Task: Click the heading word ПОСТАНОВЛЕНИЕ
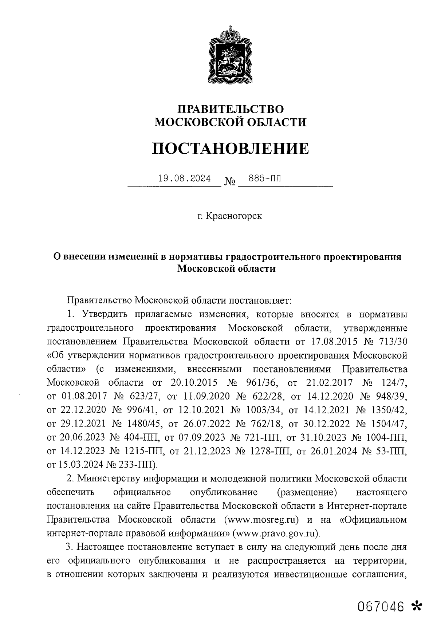[x=230, y=148]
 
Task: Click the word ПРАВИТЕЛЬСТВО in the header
[x=230, y=109]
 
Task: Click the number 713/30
[x=391, y=342]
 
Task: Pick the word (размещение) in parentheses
[x=306, y=492]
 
